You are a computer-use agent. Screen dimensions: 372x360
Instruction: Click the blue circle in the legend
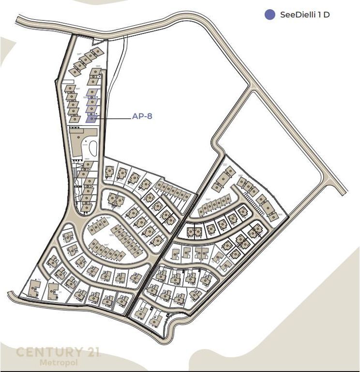point(270,15)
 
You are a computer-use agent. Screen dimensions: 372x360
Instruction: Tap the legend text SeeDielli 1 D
point(305,15)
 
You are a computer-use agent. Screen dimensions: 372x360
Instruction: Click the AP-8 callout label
point(142,116)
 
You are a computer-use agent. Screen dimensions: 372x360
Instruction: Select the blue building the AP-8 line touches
point(91,118)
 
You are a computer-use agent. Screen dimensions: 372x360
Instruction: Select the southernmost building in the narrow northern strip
point(86,207)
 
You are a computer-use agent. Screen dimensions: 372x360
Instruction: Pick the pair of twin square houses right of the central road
point(194,233)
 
